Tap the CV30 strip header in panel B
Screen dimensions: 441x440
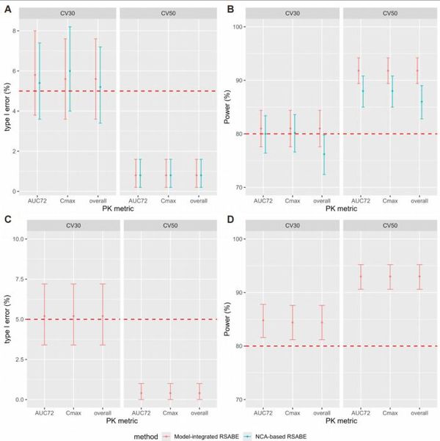click(292, 14)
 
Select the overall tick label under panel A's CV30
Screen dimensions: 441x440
click(98, 200)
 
